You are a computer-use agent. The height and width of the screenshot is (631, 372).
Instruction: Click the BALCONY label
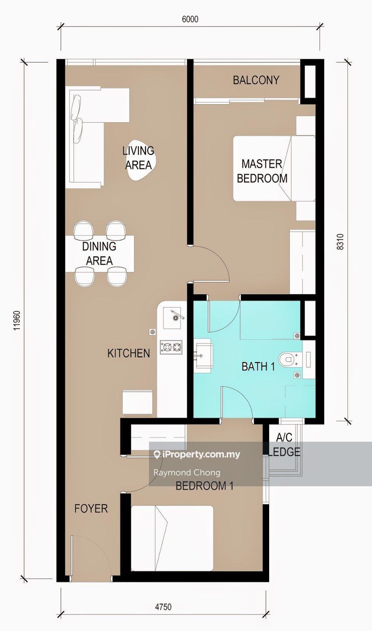[x=256, y=80]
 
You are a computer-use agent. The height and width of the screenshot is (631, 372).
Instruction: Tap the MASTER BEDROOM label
[x=262, y=171]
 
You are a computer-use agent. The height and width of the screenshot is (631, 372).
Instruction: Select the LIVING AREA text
[x=138, y=158]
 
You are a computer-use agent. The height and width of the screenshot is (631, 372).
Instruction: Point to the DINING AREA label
[x=99, y=254]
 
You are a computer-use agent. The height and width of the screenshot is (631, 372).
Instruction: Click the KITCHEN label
[x=128, y=353]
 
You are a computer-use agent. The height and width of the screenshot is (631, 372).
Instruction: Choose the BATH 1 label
[x=258, y=366]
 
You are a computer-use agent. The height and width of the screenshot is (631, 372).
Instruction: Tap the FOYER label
[x=91, y=508]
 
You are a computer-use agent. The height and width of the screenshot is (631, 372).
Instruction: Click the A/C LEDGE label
[x=284, y=444]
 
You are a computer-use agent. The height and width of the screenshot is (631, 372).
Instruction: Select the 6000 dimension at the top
[x=190, y=19]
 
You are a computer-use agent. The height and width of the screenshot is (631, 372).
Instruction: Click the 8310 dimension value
[x=340, y=242]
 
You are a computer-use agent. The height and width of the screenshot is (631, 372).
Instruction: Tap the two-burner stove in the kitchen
[x=171, y=347]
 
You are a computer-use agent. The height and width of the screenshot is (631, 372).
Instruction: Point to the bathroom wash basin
[x=203, y=356]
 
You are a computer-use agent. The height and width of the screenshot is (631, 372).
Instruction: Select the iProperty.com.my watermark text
[x=197, y=454]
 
